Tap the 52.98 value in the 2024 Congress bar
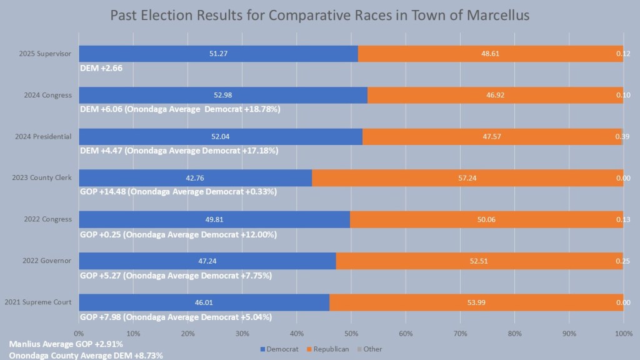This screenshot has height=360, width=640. [x=222, y=95]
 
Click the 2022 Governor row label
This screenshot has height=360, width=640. [x=49, y=261]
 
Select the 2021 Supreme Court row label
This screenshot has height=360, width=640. [x=38, y=302]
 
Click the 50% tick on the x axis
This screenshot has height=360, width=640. [x=351, y=334]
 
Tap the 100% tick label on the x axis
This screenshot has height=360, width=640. [x=623, y=334]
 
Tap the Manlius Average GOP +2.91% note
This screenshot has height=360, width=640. [x=66, y=344]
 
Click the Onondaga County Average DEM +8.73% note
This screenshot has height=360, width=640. [x=86, y=355]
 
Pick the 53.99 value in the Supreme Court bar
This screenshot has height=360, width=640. [x=476, y=302]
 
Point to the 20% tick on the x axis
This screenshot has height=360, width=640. [x=187, y=334]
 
